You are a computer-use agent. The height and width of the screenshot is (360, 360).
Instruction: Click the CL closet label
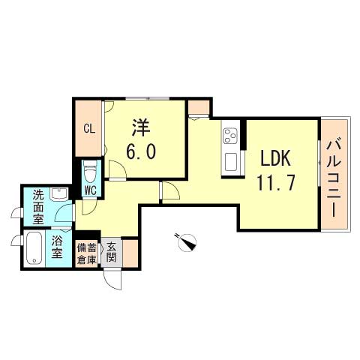(88, 128)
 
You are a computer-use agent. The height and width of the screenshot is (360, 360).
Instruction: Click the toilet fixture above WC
(90, 172)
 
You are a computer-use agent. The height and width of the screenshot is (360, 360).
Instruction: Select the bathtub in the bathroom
(34, 248)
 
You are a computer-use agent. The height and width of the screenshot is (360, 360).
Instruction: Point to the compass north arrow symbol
(186, 241)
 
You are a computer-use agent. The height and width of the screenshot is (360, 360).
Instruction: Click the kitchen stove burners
(230, 137)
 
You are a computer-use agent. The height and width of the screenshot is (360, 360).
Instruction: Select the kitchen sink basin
(230, 160)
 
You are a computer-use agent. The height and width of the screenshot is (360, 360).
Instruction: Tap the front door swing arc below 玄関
(112, 279)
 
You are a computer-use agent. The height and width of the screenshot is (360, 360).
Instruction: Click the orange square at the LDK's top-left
(199, 108)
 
